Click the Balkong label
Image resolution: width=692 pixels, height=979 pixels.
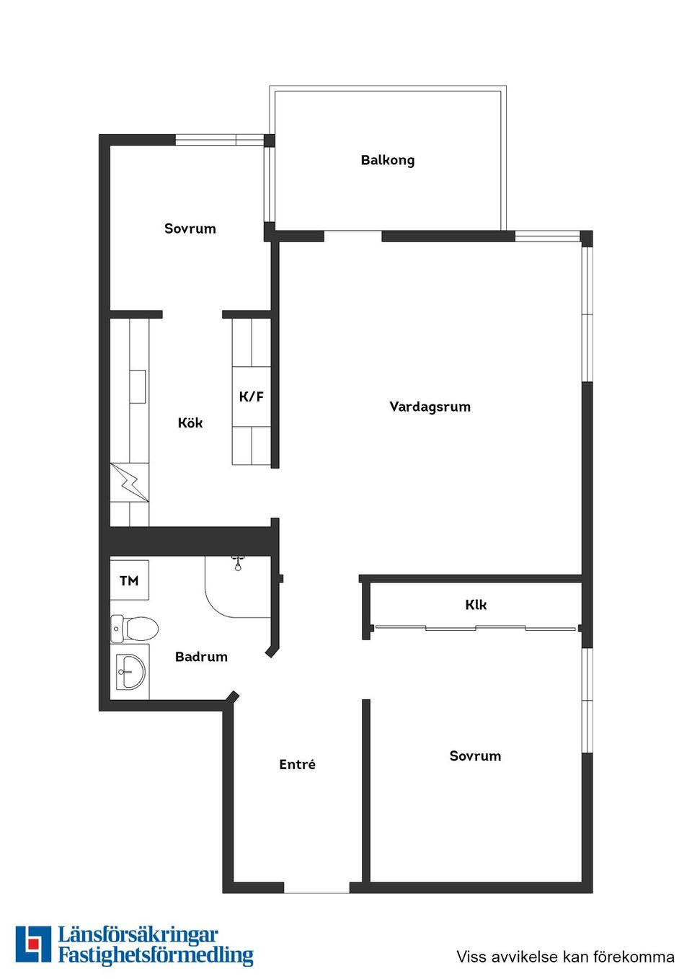pyautogui.click(x=388, y=160)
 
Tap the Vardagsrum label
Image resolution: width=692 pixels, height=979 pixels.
pyautogui.click(x=430, y=407)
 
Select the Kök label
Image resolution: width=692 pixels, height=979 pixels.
pyautogui.click(x=190, y=423)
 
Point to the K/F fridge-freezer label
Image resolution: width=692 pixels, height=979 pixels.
pyautogui.click(x=251, y=397)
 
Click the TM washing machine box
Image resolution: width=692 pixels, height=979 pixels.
pyautogui.click(x=129, y=580)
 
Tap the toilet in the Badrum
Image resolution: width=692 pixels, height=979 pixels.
pyautogui.click(x=136, y=629)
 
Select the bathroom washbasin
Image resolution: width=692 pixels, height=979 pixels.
pyautogui.click(x=130, y=672)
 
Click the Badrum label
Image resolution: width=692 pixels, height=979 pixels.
pyautogui.click(x=201, y=657)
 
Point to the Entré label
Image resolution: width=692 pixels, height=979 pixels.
pyautogui.click(x=297, y=765)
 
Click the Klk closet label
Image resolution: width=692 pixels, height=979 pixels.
pyautogui.click(x=476, y=605)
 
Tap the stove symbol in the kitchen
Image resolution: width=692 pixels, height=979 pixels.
pyautogui.click(x=130, y=482)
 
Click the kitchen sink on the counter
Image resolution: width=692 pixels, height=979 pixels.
pyautogui.click(x=137, y=386)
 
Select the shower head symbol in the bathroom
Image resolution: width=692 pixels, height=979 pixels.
pyautogui.click(x=238, y=564)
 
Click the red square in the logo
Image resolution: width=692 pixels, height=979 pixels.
pyautogui.click(x=33, y=944)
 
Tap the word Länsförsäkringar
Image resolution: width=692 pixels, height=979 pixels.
pyautogui.click(x=138, y=936)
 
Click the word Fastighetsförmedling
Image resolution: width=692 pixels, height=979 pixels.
pyautogui.click(x=156, y=956)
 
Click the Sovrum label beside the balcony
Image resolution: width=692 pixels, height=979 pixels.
pyautogui.click(x=190, y=229)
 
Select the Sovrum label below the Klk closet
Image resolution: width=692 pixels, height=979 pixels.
pyautogui.click(x=475, y=756)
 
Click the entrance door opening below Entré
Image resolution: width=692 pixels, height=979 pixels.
pyautogui.click(x=316, y=888)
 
